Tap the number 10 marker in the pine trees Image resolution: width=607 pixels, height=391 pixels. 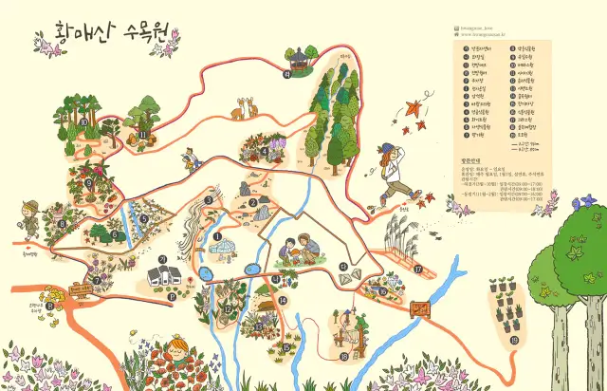pyautogui.click(x=83, y=121)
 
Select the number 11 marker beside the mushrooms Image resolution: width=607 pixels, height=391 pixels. pyautogui.click(x=143, y=135)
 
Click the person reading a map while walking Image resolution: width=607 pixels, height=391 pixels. pyautogui.click(x=189, y=158)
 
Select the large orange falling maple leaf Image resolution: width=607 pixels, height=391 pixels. pyautogui.click(x=414, y=109)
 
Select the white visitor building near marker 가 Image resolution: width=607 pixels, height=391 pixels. pyautogui.click(x=161, y=276)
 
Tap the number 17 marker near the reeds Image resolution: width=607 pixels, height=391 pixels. pyautogui.click(x=417, y=269)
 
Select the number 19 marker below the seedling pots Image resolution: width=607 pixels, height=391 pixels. pyautogui.click(x=514, y=339)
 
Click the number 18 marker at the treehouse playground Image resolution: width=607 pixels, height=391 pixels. pyautogui.click(x=343, y=356)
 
